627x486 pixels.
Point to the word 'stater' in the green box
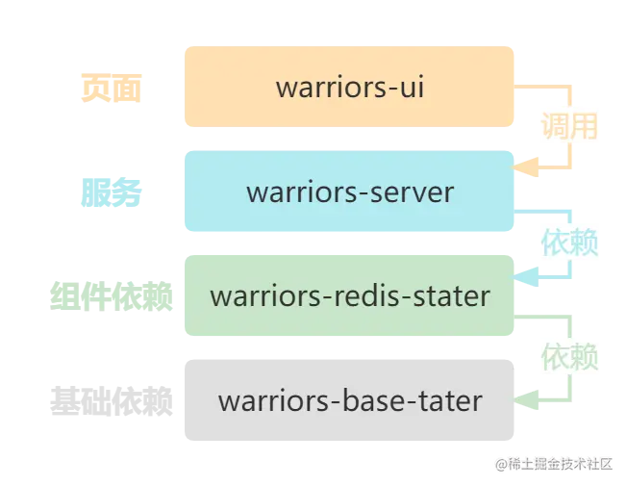tap(451, 295)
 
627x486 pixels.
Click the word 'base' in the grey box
tap(373, 399)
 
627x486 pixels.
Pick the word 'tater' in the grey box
tap(448, 399)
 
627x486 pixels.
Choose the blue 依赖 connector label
tap(569, 242)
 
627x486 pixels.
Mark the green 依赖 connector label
tap(569, 357)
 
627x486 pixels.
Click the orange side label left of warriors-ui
tap(111, 90)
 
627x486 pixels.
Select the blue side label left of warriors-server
tap(112, 193)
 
